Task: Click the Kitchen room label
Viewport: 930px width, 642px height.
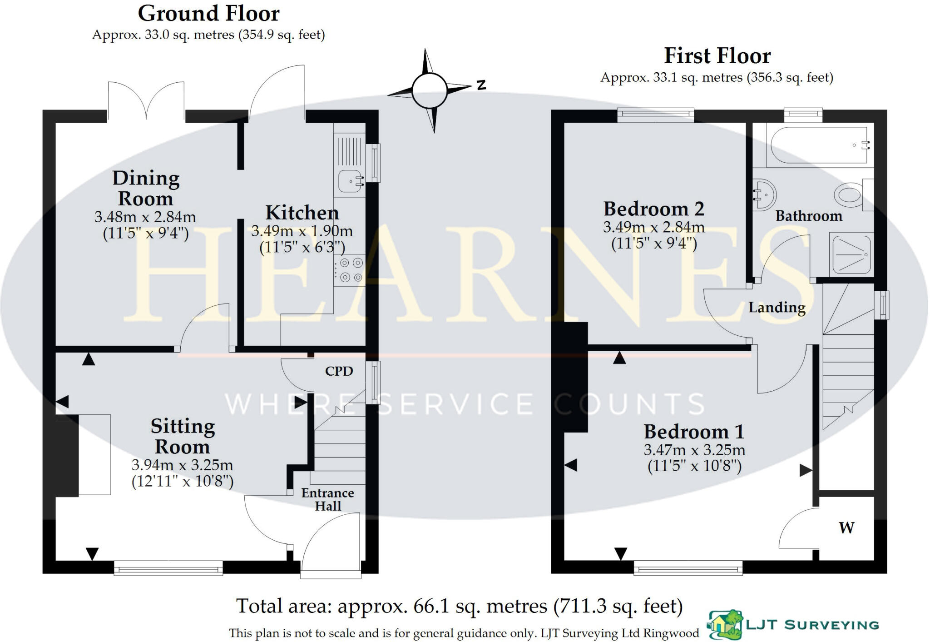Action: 302,213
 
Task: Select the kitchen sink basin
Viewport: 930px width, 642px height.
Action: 349,181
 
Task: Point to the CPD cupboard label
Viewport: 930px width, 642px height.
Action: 339,371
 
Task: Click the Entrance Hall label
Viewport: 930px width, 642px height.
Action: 327,499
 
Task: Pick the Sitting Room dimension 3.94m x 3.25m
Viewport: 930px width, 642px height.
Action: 182,465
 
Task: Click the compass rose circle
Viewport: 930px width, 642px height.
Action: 429,90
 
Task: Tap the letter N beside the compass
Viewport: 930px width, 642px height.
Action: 481,85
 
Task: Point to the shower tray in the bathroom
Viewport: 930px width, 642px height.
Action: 851,254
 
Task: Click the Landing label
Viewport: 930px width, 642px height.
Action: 777,308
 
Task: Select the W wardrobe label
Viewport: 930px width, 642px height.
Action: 846,528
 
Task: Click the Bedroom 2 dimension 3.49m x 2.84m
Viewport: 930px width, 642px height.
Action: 653,227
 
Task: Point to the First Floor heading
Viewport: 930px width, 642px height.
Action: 717,56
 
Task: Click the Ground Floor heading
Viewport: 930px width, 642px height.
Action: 208,14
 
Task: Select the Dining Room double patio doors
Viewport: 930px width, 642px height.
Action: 146,102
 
